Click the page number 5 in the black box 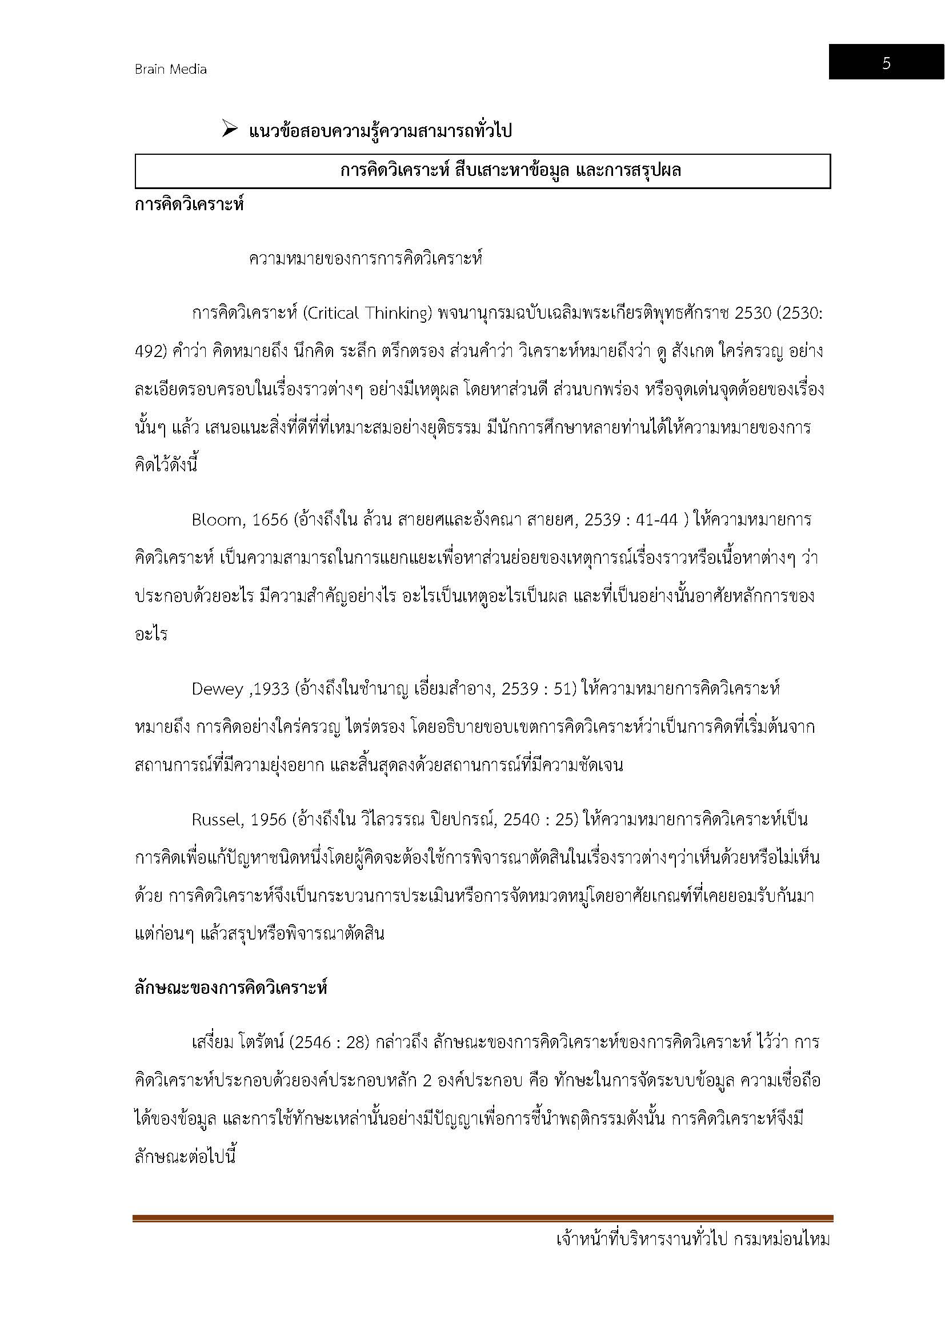pos(886,63)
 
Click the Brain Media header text pos(170,69)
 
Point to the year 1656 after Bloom pos(270,520)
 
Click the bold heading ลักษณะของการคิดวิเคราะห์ pos(231,988)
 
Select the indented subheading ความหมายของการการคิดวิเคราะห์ pos(366,259)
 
